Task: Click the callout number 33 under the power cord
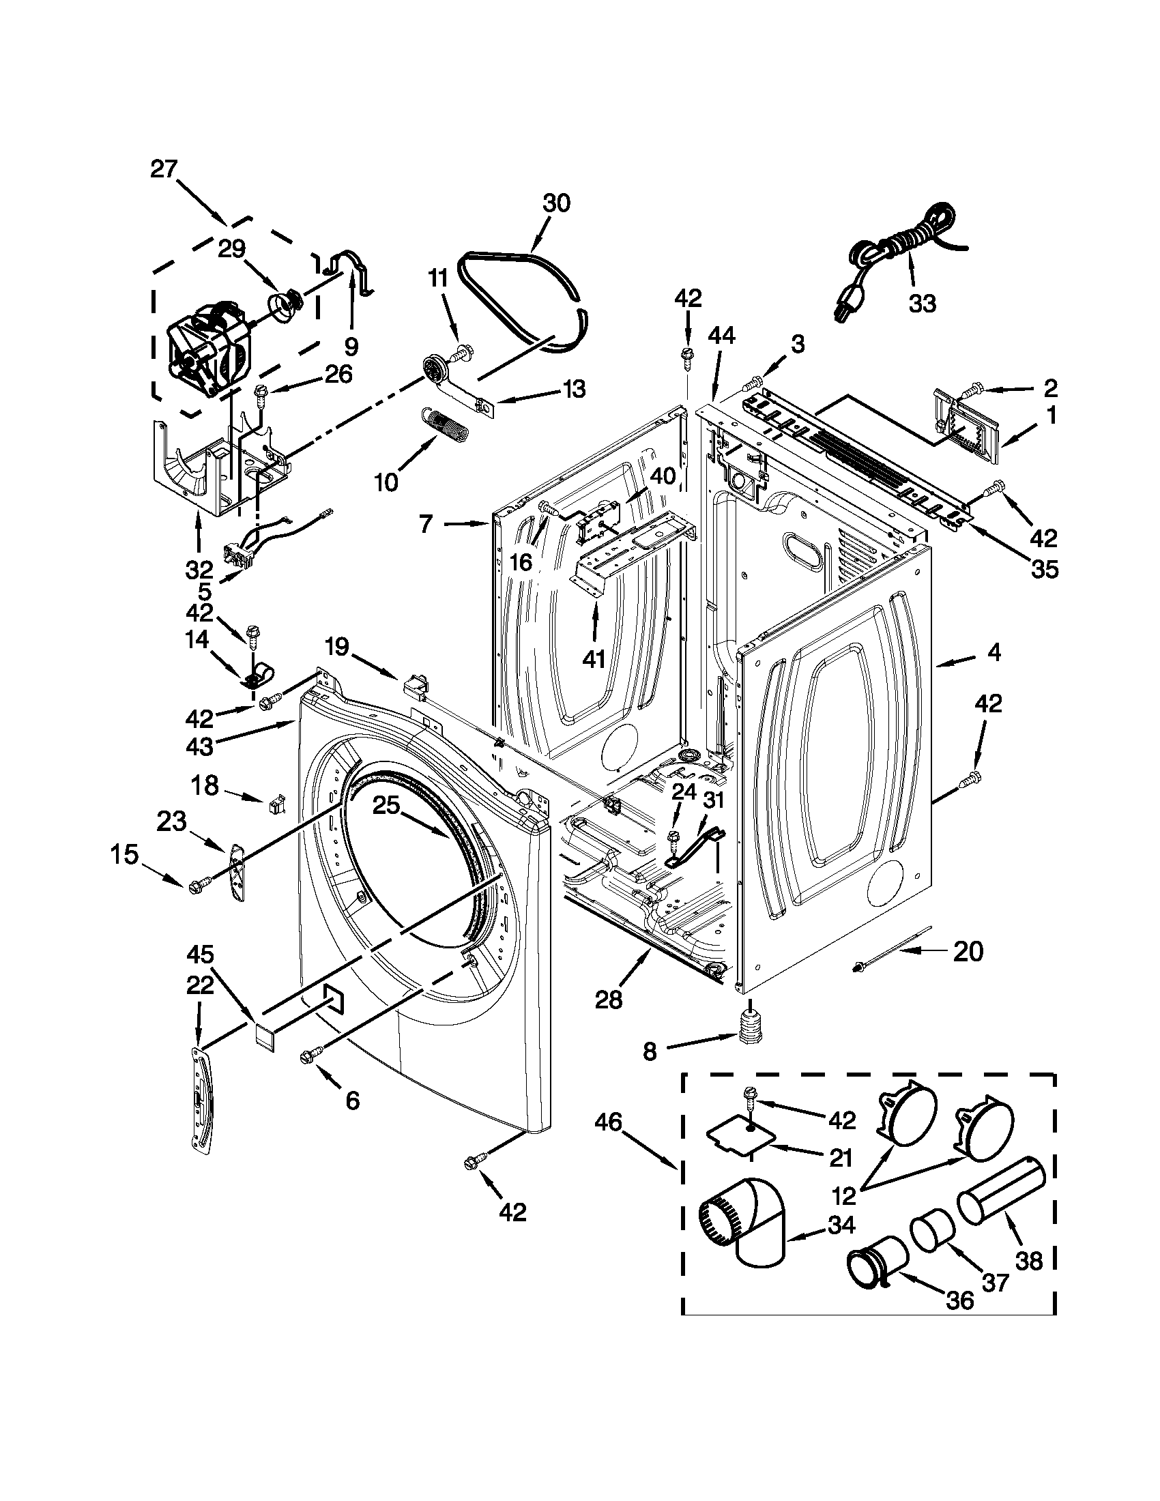click(922, 303)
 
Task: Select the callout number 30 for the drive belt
click(556, 203)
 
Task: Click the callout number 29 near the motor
click(231, 248)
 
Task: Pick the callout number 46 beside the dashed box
click(608, 1123)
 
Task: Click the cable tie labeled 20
click(893, 950)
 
